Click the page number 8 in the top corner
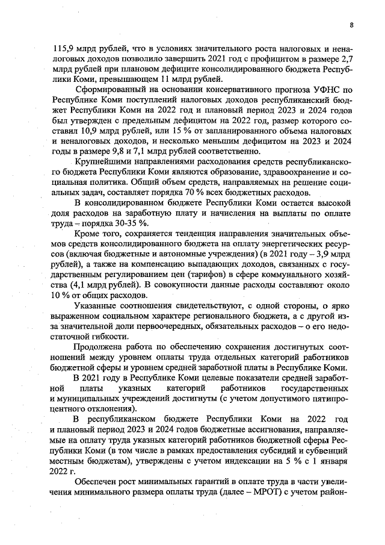pos(351,25)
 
